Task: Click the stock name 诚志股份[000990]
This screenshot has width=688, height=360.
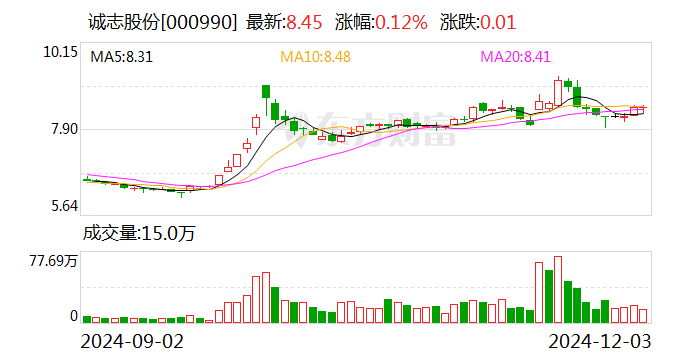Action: [x=159, y=21]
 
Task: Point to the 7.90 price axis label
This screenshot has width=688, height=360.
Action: [x=62, y=129]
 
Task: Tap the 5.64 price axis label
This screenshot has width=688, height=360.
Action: [x=62, y=206]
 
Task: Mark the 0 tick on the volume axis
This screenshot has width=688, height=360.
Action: [x=73, y=316]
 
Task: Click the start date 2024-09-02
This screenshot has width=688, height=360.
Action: [x=132, y=342]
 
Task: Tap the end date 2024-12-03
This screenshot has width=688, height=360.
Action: [x=598, y=342]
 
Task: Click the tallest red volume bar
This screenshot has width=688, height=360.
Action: [x=558, y=289]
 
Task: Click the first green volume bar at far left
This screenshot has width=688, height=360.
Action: [x=87, y=319]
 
